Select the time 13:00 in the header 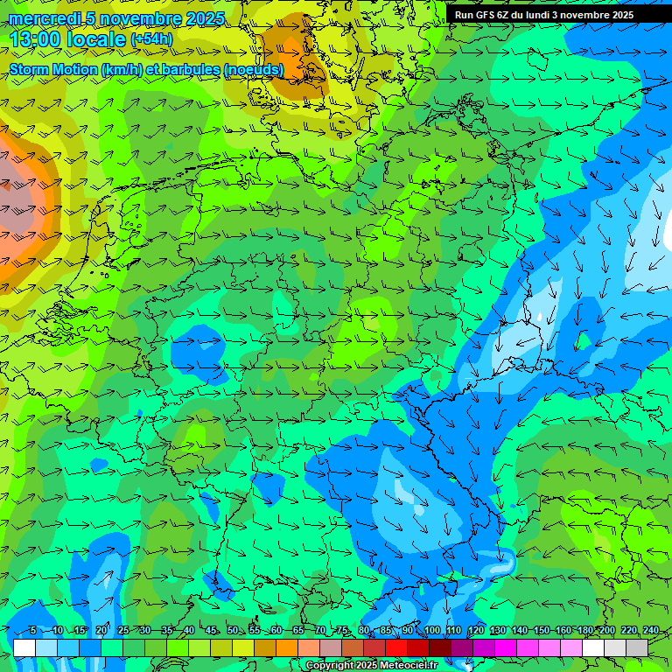click(37, 39)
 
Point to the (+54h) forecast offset click(151, 39)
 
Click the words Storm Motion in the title click(52, 69)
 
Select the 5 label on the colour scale click(32, 631)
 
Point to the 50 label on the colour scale click(233, 631)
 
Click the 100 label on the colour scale click(431, 631)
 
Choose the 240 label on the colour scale click(650, 631)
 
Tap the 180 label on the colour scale click(584, 631)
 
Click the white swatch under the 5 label click(24, 647)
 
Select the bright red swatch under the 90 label click(396, 647)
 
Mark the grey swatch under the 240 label click(637, 647)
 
